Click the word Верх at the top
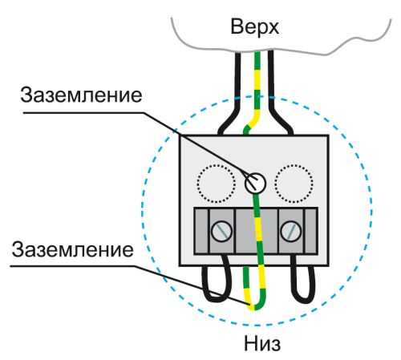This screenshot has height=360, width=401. tap(255, 26)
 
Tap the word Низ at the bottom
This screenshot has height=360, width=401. tap(262, 343)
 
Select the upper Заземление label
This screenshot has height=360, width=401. tap(81, 95)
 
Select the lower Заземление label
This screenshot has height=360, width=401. tap(72, 249)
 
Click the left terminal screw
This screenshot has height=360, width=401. tap(221, 232)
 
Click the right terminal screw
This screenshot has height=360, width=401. tap(291, 232)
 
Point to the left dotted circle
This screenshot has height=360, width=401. tap(217, 184)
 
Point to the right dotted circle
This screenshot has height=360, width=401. tap(294, 184)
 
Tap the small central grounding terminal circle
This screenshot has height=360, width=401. tap(255, 183)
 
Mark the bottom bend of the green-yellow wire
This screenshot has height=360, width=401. tap(254, 307)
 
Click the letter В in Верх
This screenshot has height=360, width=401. tap(237, 26)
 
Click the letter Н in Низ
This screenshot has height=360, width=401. tap(250, 343)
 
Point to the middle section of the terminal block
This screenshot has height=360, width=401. tap(257, 231)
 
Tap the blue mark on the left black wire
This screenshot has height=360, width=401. tap(237, 98)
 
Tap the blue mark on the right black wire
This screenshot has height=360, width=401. tap(271, 97)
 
